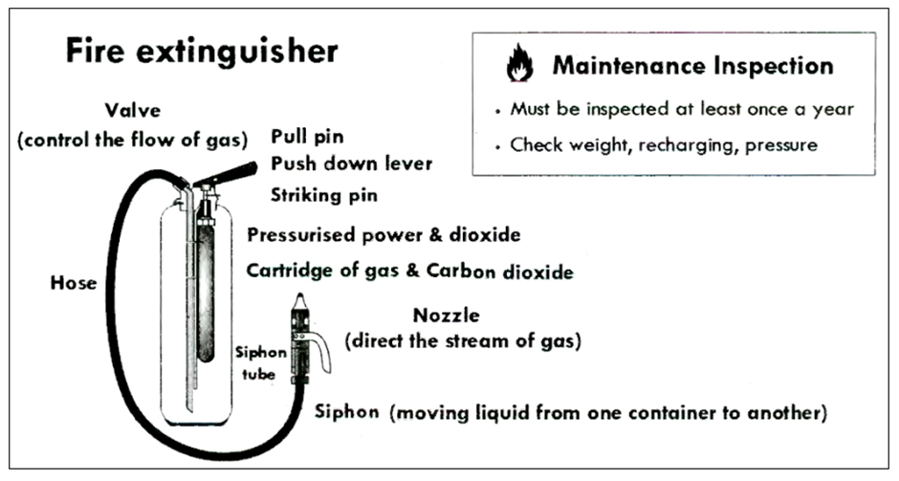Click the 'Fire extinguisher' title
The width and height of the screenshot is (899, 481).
click(x=201, y=52)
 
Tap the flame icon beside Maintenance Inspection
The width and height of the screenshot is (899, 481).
click(x=518, y=67)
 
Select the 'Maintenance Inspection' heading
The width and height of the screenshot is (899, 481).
click(x=692, y=66)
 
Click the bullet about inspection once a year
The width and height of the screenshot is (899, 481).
click(x=681, y=109)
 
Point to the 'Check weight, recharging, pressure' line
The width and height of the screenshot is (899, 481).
click(x=662, y=145)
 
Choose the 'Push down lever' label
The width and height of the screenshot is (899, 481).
click(x=351, y=164)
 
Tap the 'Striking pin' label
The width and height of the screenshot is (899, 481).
click(x=324, y=195)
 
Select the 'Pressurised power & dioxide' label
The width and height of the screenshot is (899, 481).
click(x=384, y=235)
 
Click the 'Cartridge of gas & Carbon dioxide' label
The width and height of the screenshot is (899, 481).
click(x=409, y=272)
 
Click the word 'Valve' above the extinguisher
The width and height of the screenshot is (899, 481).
click(x=132, y=109)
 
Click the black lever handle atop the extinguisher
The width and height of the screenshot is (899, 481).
click(x=231, y=173)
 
